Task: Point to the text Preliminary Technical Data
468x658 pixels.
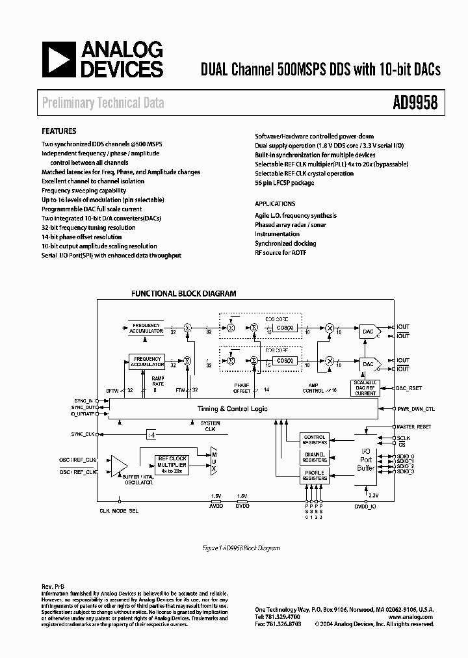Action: (x=103, y=103)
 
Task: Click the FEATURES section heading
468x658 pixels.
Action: (x=59, y=131)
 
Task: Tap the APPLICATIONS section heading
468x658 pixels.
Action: (x=275, y=204)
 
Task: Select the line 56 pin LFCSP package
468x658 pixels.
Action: (x=284, y=183)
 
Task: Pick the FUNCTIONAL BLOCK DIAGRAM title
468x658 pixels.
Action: (x=184, y=294)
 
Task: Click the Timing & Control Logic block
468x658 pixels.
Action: (x=232, y=409)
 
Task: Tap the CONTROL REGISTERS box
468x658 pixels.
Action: (x=315, y=440)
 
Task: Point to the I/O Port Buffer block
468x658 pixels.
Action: (x=365, y=459)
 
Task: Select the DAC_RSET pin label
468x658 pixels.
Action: (x=409, y=388)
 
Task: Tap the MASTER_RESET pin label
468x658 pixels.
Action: (x=414, y=427)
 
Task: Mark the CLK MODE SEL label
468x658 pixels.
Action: (x=119, y=511)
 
